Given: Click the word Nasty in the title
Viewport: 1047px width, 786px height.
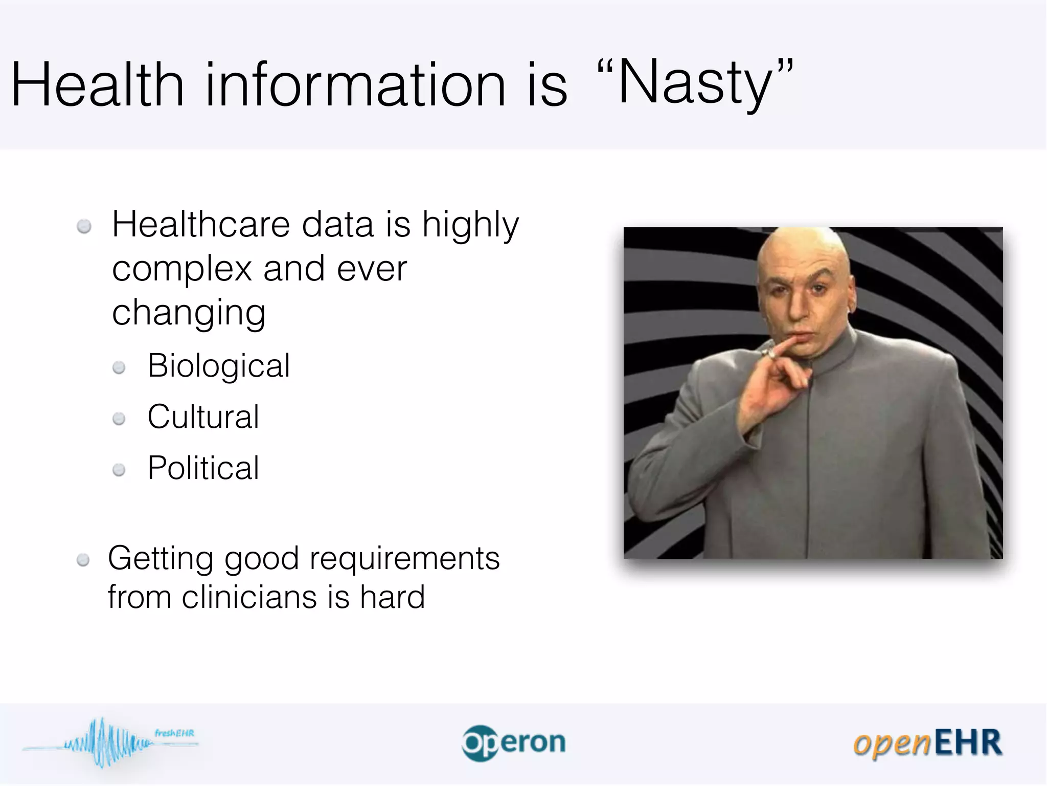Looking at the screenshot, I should coord(695,82).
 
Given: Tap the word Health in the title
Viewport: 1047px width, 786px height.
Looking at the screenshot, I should coord(97,84).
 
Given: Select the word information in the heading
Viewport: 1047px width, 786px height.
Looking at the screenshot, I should coord(355,84).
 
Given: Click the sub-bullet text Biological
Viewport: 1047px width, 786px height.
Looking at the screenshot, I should coord(219,366).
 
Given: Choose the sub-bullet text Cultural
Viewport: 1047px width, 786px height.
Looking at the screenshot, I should coord(203,417).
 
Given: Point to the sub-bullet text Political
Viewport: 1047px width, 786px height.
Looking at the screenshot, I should coord(203,468).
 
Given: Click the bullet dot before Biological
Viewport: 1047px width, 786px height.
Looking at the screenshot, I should coord(119,367).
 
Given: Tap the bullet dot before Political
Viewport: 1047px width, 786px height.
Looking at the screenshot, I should coord(119,470).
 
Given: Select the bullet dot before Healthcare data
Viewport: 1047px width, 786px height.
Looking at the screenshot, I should coord(84,226).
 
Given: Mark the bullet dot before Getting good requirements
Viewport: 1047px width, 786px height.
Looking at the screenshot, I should coord(83,560).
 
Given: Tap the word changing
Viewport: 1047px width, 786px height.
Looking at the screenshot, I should coord(189,313).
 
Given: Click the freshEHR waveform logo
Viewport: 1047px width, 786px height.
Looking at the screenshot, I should coord(110,743).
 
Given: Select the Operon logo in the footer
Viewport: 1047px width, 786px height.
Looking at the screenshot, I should coord(514,743).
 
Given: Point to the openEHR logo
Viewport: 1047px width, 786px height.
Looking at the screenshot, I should coord(927,743).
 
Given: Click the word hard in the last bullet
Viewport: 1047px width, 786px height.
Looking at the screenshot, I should coord(392,597).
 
